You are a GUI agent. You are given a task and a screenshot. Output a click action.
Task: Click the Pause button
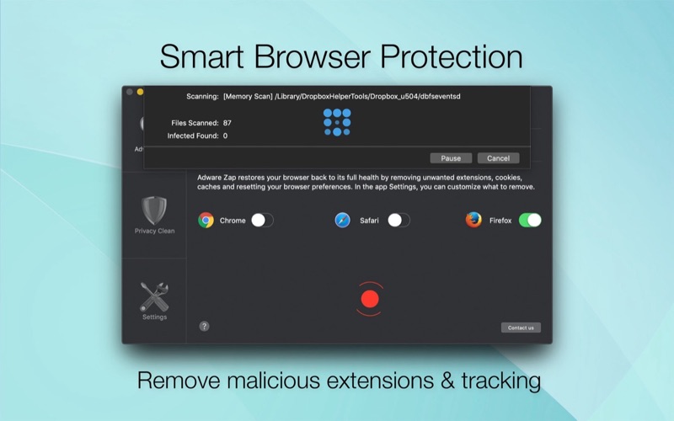(x=451, y=158)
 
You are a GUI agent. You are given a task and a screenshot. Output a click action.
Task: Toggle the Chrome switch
(x=262, y=221)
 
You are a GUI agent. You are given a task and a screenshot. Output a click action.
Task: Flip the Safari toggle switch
(x=399, y=221)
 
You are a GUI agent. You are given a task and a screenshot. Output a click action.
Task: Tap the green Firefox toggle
(x=530, y=221)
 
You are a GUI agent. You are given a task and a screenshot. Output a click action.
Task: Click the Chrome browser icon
(x=206, y=221)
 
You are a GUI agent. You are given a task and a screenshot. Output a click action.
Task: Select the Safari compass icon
(x=343, y=221)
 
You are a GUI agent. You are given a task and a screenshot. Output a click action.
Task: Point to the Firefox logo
(x=473, y=220)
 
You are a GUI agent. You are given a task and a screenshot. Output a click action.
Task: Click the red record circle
(x=370, y=299)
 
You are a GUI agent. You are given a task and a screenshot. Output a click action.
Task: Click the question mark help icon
(x=204, y=326)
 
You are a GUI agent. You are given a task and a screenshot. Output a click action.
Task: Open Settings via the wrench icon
(x=154, y=297)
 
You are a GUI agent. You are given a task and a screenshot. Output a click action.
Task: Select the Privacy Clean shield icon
(x=154, y=210)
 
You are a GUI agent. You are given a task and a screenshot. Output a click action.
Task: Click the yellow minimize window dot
(x=140, y=92)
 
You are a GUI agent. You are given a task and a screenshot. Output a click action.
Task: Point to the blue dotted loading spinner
(x=337, y=122)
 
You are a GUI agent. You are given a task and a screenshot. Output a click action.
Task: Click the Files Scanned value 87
(x=227, y=123)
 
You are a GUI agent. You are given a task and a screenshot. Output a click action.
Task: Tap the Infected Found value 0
(x=225, y=136)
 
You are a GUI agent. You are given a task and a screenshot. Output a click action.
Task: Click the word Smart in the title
(x=202, y=56)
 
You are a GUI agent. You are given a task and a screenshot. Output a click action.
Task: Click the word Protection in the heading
(x=452, y=56)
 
